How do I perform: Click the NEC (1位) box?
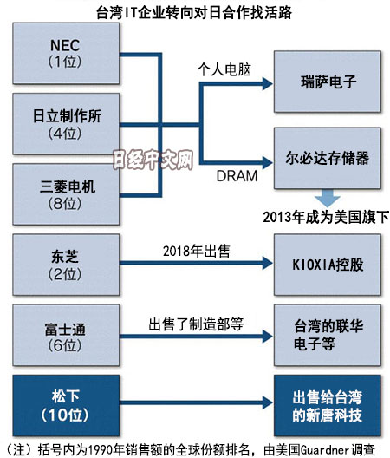66,54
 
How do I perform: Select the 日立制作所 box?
66,124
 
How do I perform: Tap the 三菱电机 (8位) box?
66,194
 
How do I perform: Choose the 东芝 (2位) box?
66,265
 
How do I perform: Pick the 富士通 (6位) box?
66,335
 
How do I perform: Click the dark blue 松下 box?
66,405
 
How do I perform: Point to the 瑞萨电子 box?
328,82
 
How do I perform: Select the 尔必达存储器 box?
328,158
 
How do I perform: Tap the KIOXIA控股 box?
328,265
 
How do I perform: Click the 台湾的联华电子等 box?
328,335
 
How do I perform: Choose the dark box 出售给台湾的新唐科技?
328,405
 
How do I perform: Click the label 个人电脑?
224,69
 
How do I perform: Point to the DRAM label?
237,176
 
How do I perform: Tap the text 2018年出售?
197,252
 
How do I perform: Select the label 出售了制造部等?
196,324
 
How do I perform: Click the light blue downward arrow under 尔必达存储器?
328,199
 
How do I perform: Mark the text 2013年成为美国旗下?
326,218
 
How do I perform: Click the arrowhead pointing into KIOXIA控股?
268,263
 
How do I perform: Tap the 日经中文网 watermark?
153,160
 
